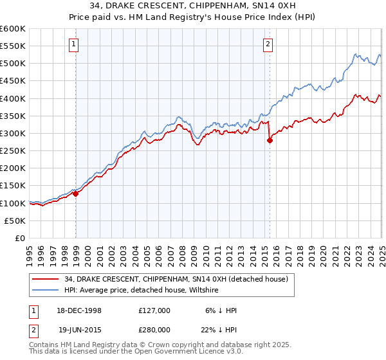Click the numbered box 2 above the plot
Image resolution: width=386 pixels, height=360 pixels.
pos(268,44)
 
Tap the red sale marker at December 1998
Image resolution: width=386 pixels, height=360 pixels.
pos(76,193)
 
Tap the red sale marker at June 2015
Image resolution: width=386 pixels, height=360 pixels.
pos(270,141)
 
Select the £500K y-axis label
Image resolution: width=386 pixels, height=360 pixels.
pos(12,64)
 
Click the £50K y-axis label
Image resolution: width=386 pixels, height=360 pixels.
pos(15,221)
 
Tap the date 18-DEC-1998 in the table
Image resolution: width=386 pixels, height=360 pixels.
pos(75,310)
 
